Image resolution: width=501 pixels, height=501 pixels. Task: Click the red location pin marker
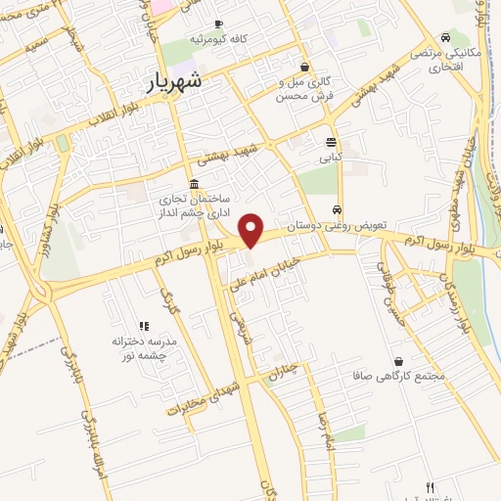point(252,230)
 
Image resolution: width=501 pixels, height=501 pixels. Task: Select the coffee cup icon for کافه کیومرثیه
point(217,23)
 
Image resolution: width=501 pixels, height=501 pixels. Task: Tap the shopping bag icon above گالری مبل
point(307,68)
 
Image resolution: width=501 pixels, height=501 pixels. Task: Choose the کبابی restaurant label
point(327,156)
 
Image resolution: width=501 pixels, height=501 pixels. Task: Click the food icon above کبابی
point(331,141)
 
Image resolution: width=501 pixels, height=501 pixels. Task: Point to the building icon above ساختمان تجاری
point(195,184)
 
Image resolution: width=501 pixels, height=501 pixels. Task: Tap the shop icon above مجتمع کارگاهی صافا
point(397,360)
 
